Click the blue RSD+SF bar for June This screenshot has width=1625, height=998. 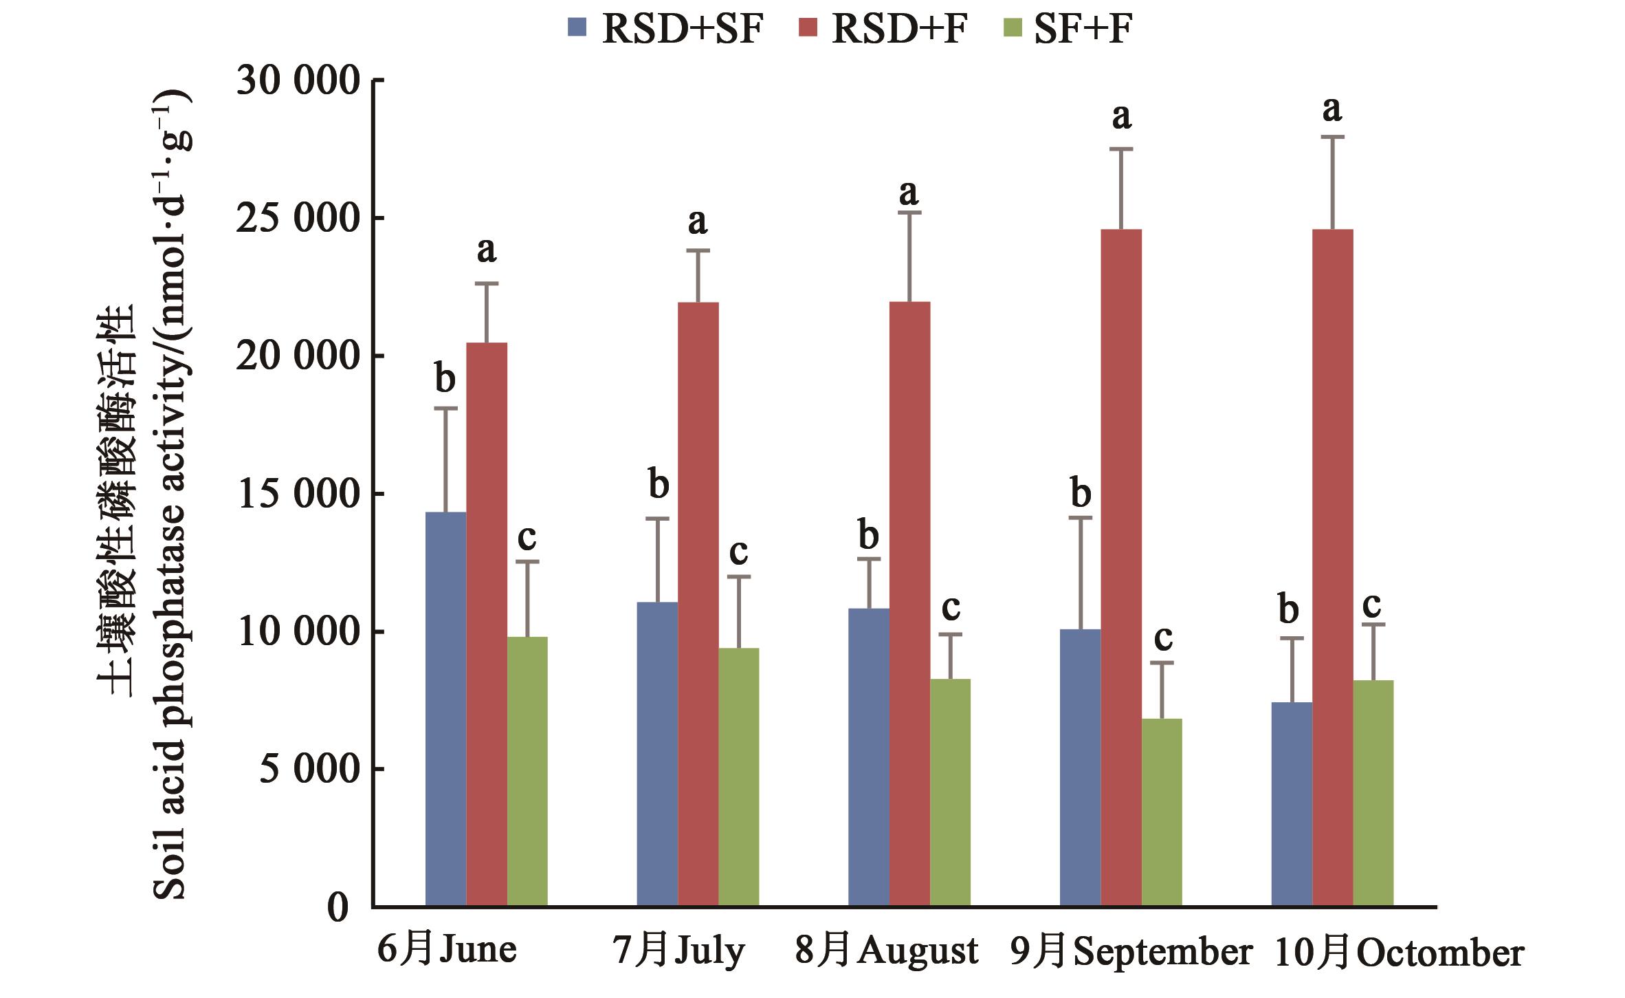(445, 708)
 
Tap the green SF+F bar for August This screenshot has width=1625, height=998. (950, 791)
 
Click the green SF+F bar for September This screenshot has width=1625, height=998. (1162, 812)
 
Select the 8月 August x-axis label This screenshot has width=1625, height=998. (887, 952)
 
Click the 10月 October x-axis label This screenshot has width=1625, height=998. (1400, 953)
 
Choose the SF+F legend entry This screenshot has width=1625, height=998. (1083, 29)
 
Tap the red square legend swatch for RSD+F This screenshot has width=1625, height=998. (808, 28)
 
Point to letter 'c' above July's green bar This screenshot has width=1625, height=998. (738, 552)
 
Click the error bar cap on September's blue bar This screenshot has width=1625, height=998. (1080, 517)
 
